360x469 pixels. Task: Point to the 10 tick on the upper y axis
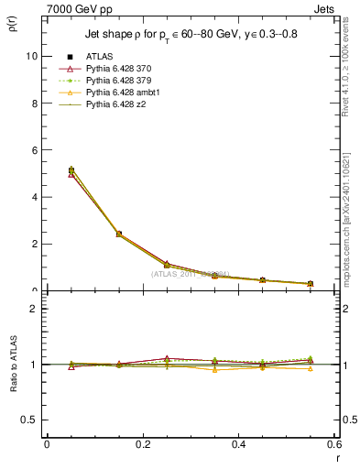[x=32, y=56]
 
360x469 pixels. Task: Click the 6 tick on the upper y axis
[x=35, y=150]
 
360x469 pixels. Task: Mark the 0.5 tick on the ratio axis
[x=30, y=420]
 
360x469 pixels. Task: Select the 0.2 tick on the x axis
[x=142, y=444]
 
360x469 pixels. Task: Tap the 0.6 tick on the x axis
[x=334, y=444]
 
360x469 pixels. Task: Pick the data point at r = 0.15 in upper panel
[x=119, y=234]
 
